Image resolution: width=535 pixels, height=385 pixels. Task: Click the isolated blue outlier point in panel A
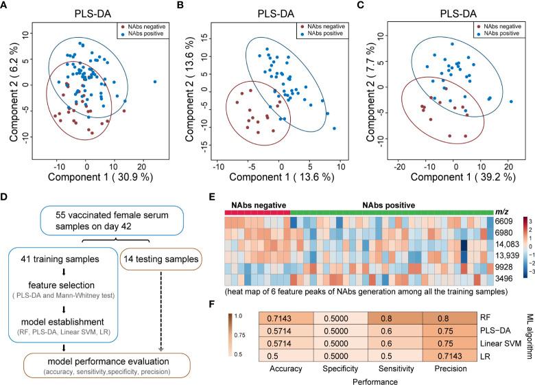click(x=155, y=82)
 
